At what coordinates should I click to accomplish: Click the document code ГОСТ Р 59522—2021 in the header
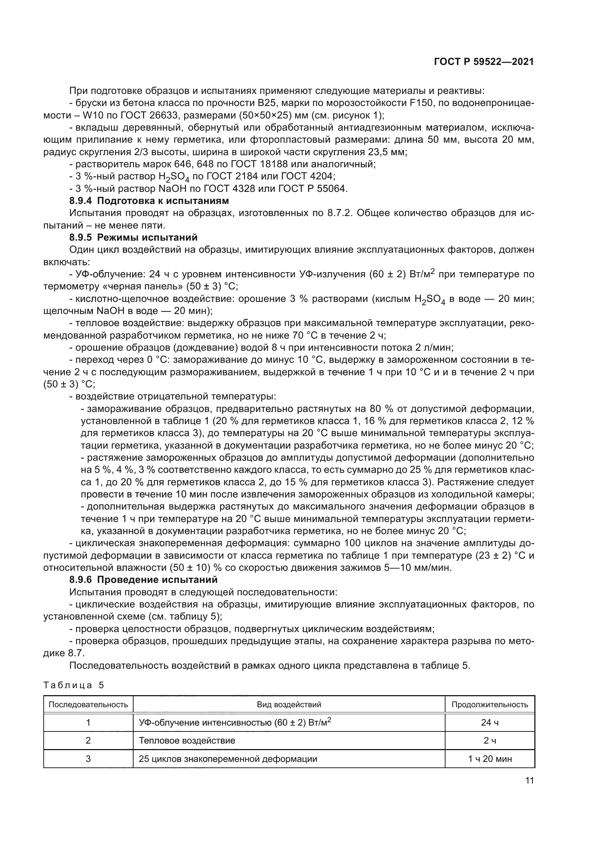[484, 62]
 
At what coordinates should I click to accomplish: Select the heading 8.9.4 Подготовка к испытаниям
[149, 201]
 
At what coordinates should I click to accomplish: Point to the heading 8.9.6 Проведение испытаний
[143, 580]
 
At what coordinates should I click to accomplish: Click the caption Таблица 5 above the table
[74, 685]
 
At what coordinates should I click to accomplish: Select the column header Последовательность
[88, 705]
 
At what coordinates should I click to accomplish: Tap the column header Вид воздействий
[288, 705]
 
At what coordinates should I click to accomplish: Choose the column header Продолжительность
[490, 705]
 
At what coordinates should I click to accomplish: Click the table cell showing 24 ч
[490, 723]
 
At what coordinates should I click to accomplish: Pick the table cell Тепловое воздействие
[187, 741]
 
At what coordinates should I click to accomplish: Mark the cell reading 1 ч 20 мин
[490, 759]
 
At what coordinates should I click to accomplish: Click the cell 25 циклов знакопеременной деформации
[228, 759]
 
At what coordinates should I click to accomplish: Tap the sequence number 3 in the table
[88, 759]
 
